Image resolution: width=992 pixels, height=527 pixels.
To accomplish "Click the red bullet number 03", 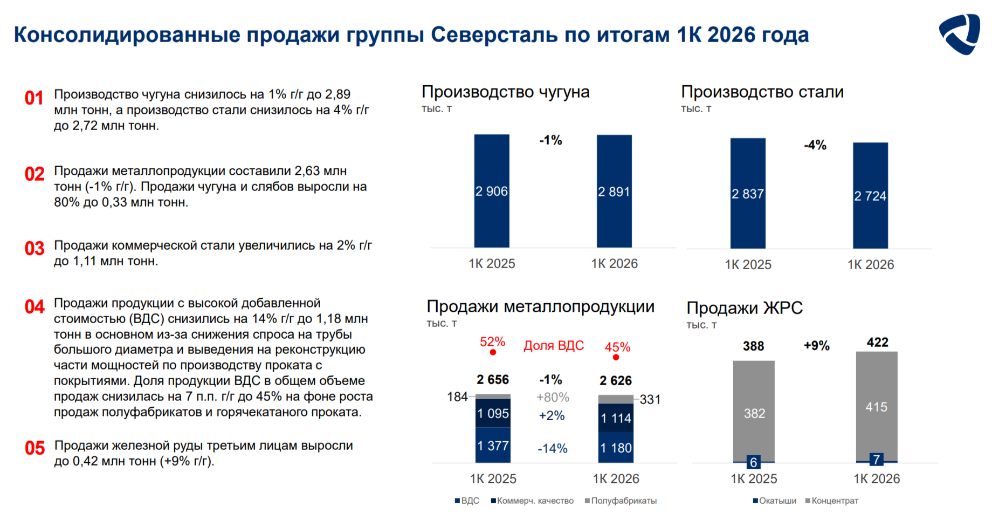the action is (35, 249).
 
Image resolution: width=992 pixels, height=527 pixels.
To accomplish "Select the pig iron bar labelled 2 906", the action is (492, 191).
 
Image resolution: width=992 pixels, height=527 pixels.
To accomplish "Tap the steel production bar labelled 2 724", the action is (870, 195).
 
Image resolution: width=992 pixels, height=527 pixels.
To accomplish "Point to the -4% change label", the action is (815, 145).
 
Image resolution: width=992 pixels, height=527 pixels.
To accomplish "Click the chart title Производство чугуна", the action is (506, 92).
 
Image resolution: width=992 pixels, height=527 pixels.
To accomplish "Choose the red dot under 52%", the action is (493, 352).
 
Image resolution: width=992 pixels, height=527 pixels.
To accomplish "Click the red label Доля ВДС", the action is (554, 346).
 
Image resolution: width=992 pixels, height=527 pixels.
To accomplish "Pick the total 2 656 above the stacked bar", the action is (493, 380).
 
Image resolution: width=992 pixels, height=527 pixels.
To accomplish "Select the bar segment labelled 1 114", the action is (616, 418).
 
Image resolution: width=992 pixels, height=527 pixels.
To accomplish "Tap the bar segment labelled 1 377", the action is (493, 445).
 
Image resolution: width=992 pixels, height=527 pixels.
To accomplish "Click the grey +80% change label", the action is (553, 398).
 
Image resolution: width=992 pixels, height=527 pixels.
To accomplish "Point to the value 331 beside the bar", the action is (650, 400).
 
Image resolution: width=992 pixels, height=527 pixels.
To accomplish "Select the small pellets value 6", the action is (754, 462).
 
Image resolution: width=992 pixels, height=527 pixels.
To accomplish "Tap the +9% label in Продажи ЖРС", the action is (817, 346).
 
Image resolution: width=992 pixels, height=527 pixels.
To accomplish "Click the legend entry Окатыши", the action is (775, 501).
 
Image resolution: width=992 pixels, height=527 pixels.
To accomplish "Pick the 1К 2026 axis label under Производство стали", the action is (871, 265).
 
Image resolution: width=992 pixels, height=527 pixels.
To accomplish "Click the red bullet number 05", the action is (35, 448).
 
